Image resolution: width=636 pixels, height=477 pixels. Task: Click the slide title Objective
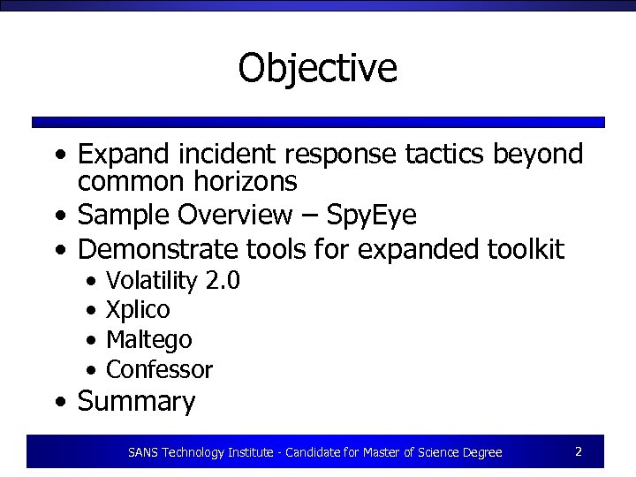pos(317,68)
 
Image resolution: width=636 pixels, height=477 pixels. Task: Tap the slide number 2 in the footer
pos(578,451)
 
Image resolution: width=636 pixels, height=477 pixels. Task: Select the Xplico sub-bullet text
pos(138,310)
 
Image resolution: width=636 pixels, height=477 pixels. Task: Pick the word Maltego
pos(148,340)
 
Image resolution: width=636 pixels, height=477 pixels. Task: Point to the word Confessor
pos(159,369)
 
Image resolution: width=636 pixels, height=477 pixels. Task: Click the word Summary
pos(136,402)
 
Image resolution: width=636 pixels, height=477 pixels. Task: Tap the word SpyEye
pos(372,215)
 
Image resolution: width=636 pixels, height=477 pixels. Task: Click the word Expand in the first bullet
pos(128,155)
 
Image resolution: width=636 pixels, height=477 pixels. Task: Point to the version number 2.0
pos(223,281)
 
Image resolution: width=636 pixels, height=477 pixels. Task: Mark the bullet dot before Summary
pos(58,403)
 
